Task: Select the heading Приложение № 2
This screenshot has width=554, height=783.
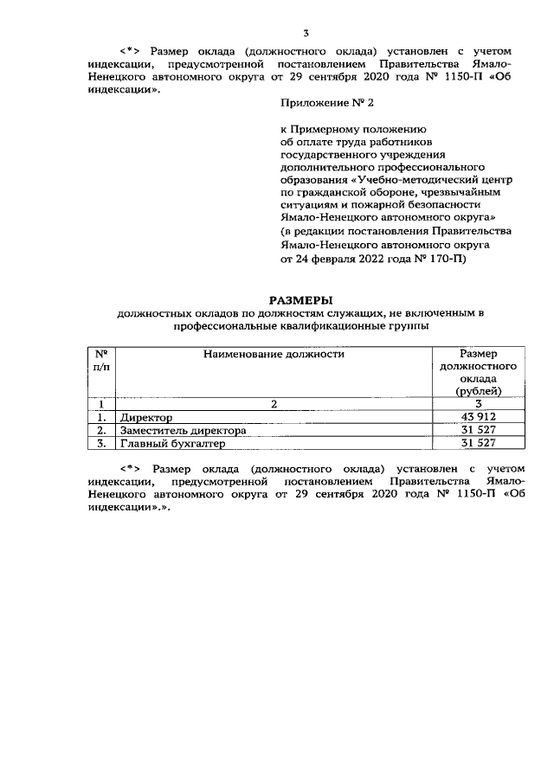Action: click(x=319, y=102)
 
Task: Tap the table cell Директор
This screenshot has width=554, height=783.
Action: click(x=147, y=417)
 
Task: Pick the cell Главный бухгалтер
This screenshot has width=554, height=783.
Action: click(x=172, y=443)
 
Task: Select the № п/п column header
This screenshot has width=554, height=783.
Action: click(x=100, y=360)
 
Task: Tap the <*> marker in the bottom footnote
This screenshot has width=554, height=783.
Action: click(x=132, y=468)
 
